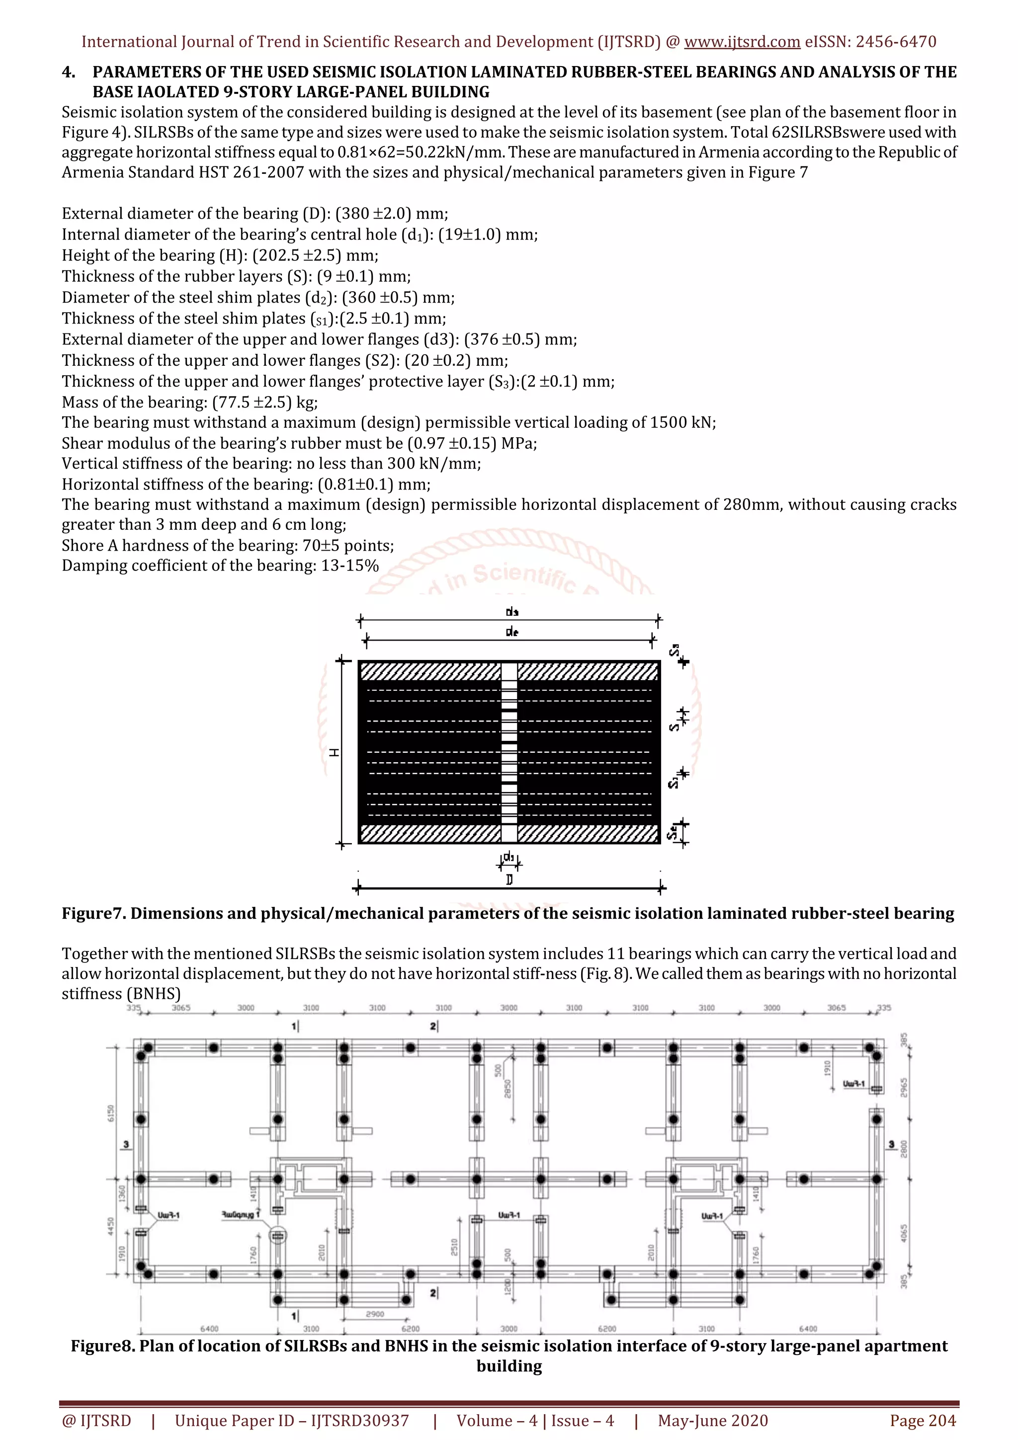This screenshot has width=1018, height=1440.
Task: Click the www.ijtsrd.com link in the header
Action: (x=742, y=42)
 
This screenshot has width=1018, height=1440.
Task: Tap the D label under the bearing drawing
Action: (x=509, y=880)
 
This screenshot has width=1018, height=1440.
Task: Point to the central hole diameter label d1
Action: (x=509, y=856)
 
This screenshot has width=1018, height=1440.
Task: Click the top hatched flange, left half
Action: (x=430, y=671)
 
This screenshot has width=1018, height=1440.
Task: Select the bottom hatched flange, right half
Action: (x=588, y=833)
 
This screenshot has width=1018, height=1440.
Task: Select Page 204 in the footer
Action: (x=923, y=1421)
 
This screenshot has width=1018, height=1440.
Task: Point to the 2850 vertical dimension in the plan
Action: (x=508, y=1089)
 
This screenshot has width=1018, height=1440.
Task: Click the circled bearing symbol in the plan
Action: (x=277, y=1236)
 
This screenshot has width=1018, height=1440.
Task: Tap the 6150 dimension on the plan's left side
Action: (x=111, y=1113)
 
